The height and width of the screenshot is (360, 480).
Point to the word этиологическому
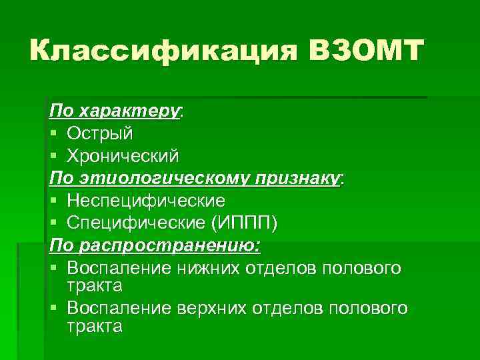pyautogui.click(x=159, y=178)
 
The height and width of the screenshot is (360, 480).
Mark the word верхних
pyautogui.click(x=205, y=309)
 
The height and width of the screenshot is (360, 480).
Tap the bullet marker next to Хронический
pyautogui.click(x=54, y=156)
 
